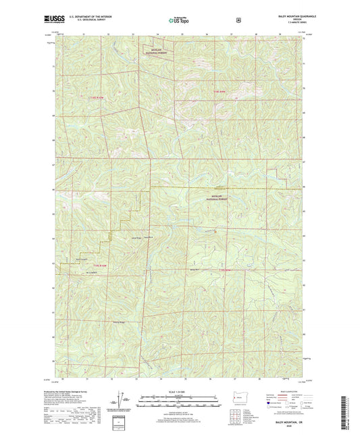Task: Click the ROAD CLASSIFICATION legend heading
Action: click(x=290, y=392)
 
